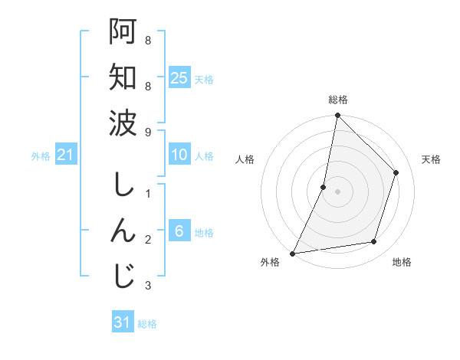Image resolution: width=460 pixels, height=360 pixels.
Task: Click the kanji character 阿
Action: pos(123,31)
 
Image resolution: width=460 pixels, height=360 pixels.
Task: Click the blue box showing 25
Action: pos(179,77)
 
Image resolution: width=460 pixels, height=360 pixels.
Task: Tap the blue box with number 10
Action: pos(179,155)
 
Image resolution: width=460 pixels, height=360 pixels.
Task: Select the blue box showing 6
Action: pos(179,231)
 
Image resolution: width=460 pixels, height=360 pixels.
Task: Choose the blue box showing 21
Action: pos(65,155)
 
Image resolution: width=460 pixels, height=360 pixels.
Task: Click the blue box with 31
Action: pos(123,322)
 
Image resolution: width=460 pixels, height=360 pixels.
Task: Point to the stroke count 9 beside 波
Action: pos(148,131)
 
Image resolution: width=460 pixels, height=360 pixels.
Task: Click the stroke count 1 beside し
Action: pos(148,194)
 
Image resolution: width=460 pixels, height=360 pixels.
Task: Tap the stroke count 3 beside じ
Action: pos(148,286)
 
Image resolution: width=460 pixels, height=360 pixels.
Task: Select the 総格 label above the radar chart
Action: pos(337,100)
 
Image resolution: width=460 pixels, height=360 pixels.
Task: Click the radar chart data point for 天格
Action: pos(396,172)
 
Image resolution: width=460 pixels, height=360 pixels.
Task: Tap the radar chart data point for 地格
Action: pos(374,242)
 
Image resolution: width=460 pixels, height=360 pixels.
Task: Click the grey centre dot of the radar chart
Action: pos(337,191)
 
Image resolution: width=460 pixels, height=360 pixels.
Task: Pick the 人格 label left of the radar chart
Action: pos(245,159)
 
